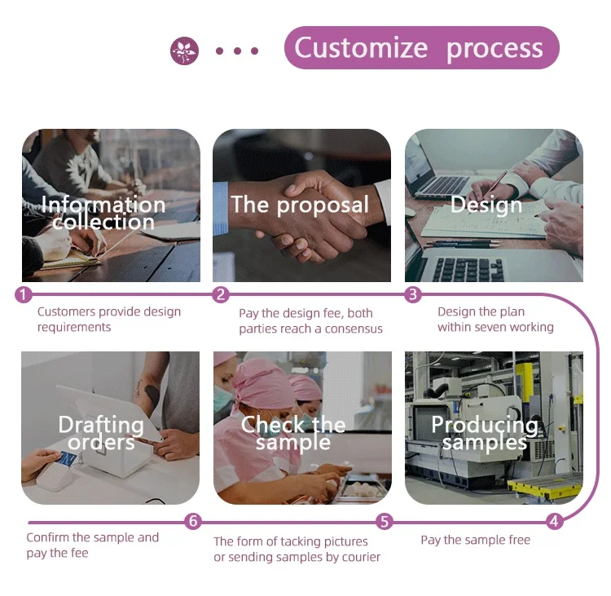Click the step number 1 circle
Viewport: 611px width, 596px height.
pyautogui.click(x=24, y=294)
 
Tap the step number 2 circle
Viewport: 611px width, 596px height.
pyautogui.click(x=220, y=294)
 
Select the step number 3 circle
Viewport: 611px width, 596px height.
pyautogui.click(x=413, y=294)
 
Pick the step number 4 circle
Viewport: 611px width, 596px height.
pyautogui.click(x=555, y=521)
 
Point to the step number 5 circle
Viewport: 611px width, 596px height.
pyautogui.click(x=385, y=521)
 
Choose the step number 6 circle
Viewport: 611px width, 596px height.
pyautogui.click(x=192, y=521)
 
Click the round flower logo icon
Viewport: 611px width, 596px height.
pyautogui.click(x=184, y=51)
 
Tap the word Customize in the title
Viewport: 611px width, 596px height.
pyautogui.click(x=360, y=48)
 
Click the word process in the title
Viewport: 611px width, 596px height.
pyautogui.click(x=495, y=48)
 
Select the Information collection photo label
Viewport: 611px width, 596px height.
pyautogui.click(x=103, y=213)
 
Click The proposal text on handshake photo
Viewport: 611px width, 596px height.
pyautogui.click(x=300, y=205)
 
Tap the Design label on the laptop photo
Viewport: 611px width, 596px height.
pyautogui.click(x=486, y=205)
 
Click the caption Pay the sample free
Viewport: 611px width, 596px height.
pyautogui.click(x=475, y=540)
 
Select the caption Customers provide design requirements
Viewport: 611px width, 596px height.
pyautogui.click(x=109, y=319)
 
